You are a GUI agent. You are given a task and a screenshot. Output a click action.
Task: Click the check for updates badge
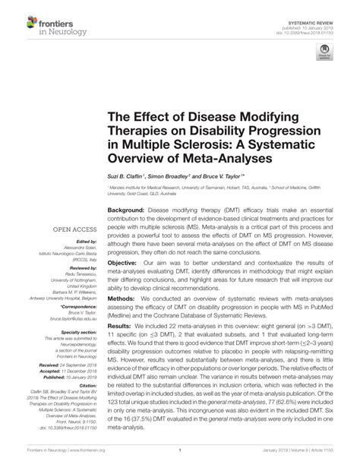pos(325,53)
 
